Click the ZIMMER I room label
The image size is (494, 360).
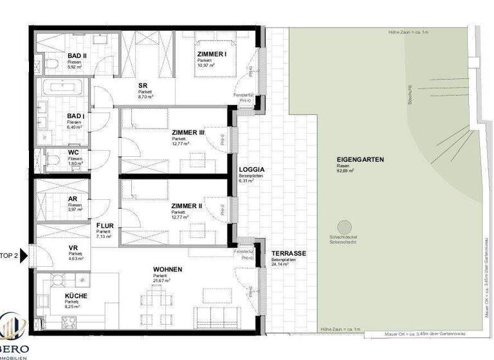pos(212,55)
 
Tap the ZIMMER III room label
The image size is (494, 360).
pos(188,132)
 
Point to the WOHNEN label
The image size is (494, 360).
pos(167,269)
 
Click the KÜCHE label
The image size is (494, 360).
pos(77,296)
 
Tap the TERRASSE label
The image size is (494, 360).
pos(288,253)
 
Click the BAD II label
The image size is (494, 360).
pos(77,55)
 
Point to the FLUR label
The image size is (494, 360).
pos(105,226)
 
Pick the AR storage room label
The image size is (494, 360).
pos(73,199)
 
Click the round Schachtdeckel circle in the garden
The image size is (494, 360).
pos(345,227)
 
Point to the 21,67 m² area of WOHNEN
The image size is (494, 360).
pos(161,280)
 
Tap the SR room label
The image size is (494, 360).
pos(144,85)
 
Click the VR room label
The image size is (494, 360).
pos(73,248)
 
